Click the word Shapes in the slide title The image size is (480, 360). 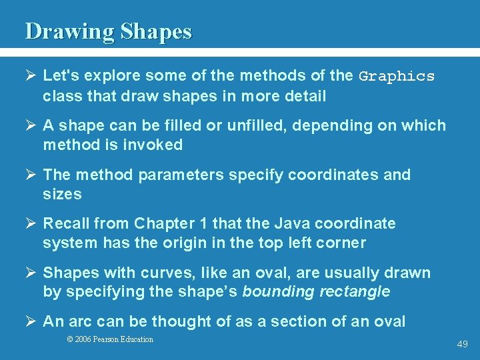click(157, 31)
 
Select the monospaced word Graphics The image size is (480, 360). click(397, 77)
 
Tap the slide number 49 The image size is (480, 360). click(462, 344)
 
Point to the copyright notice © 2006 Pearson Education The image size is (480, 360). click(110, 339)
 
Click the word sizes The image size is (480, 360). click(62, 194)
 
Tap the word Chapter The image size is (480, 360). click(164, 223)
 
